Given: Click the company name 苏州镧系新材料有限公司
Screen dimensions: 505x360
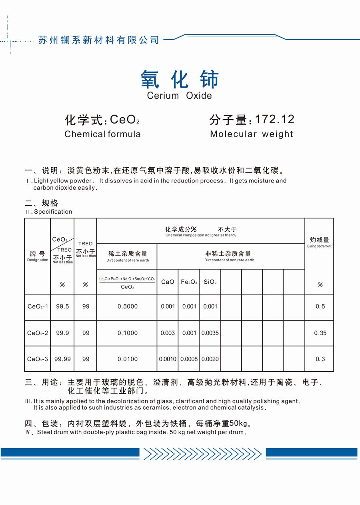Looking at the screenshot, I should [99, 40].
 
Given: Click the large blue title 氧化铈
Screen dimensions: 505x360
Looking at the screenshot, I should [180, 79].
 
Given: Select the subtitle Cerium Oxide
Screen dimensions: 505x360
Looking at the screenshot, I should [179, 96].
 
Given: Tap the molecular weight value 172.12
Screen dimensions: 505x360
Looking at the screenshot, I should [274, 119].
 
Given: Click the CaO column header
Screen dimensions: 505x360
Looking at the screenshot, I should [168, 282].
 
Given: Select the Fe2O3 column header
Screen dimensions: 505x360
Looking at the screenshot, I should [189, 282].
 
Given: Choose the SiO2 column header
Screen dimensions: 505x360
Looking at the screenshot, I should [210, 282].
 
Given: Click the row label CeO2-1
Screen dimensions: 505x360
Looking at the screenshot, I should [38, 307].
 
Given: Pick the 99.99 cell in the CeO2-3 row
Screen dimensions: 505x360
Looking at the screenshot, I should [62, 359].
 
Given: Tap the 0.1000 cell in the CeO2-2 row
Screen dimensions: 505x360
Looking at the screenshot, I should [128, 333].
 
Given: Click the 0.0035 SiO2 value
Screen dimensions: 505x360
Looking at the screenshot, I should [210, 333].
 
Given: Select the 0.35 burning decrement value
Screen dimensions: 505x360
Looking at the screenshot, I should [320, 333].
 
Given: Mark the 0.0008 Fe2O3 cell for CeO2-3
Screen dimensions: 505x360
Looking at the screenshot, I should [189, 359].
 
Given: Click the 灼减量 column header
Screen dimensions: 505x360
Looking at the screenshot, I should [319, 240].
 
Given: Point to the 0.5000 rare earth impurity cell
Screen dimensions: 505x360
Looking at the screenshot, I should [128, 307].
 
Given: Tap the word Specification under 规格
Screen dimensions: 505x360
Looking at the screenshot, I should [53, 212].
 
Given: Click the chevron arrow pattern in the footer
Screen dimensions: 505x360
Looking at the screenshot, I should [202, 453].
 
